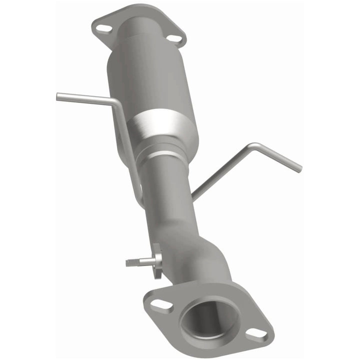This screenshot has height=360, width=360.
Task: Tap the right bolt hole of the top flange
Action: coord(173,38)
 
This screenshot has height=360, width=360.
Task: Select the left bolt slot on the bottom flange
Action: coord(159,303)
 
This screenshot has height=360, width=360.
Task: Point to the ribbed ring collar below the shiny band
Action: coord(165,150)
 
